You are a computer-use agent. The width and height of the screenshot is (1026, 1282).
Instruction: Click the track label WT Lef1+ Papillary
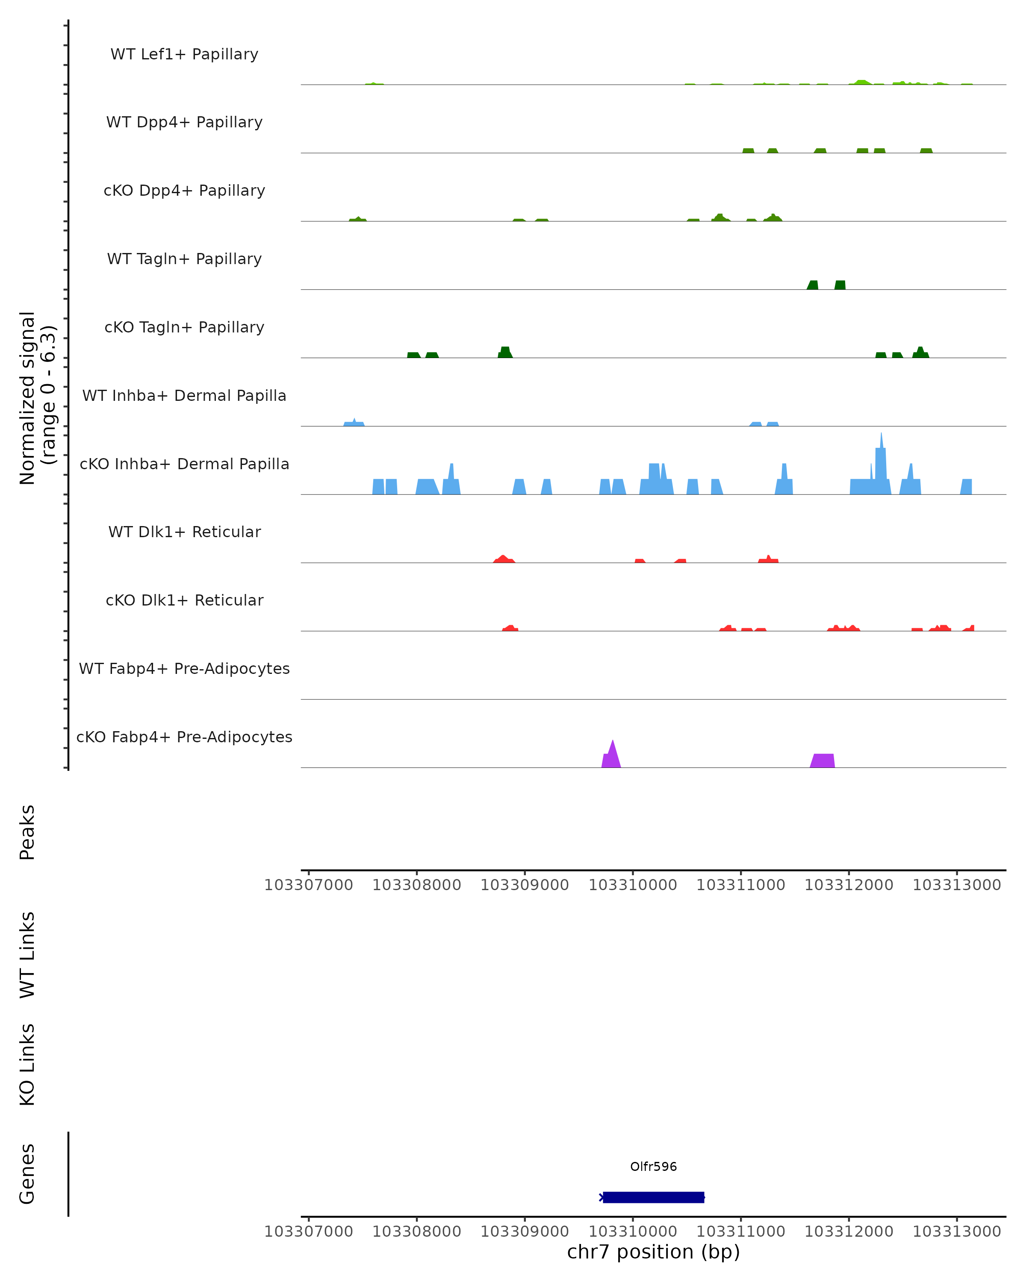pyautogui.click(x=184, y=54)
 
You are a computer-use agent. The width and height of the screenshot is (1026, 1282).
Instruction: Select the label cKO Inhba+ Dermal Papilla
pyautogui.click(x=184, y=464)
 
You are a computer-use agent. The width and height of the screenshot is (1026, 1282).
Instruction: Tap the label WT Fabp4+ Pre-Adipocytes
pyautogui.click(x=184, y=668)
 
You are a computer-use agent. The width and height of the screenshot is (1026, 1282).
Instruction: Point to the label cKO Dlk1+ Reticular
pyautogui.click(x=184, y=600)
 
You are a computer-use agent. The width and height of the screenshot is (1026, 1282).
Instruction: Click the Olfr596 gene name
pyautogui.click(x=653, y=1166)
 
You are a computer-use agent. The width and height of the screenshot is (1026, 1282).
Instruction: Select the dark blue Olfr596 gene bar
pyautogui.click(x=653, y=1197)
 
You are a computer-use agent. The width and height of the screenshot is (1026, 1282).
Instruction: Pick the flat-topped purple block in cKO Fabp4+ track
pyautogui.click(x=823, y=761)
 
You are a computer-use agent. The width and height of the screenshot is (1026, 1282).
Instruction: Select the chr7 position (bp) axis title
pyautogui.click(x=653, y=1252)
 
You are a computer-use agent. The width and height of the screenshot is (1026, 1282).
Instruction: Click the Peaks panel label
pyautogui.click(x=27, y=832)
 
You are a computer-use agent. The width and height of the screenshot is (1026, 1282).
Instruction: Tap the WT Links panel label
pyautogui.click(x=27, y=954)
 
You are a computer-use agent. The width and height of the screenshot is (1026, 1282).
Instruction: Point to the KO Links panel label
pyautogui.click(x=27, y=1064)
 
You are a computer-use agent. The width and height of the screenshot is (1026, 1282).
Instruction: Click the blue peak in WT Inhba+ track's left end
pyautogui.click(x=354, y=423)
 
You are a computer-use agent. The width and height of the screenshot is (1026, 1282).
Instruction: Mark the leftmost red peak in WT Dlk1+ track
pyautogui.click(x=503, y=559)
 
